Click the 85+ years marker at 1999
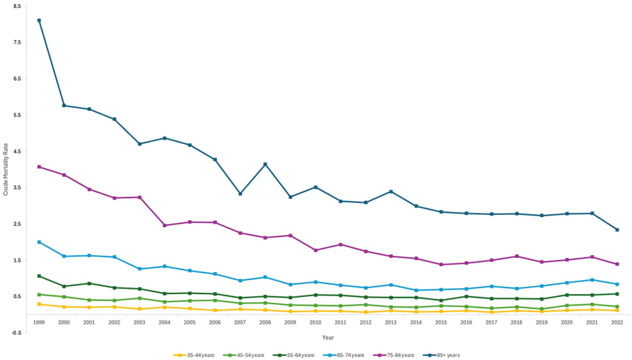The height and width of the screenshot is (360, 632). coord(39,21)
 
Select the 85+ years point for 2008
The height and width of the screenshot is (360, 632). coord(265,165)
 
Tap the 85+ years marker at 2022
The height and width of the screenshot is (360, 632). coord(617,230)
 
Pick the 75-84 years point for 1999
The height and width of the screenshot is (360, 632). coord(39,167)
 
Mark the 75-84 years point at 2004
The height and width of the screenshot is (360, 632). coord(165,225)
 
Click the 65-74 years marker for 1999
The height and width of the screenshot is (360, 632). coord(39,242)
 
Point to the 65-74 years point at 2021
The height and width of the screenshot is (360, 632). coord(592,280)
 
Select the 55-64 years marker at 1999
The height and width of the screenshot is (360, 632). coord(39,276)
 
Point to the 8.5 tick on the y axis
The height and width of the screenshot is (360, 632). coord(17,6)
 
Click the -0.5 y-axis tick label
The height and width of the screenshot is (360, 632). coord(17,332)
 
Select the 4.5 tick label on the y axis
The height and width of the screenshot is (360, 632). coord(17,151)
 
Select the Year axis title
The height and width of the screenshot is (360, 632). coord(328,337)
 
